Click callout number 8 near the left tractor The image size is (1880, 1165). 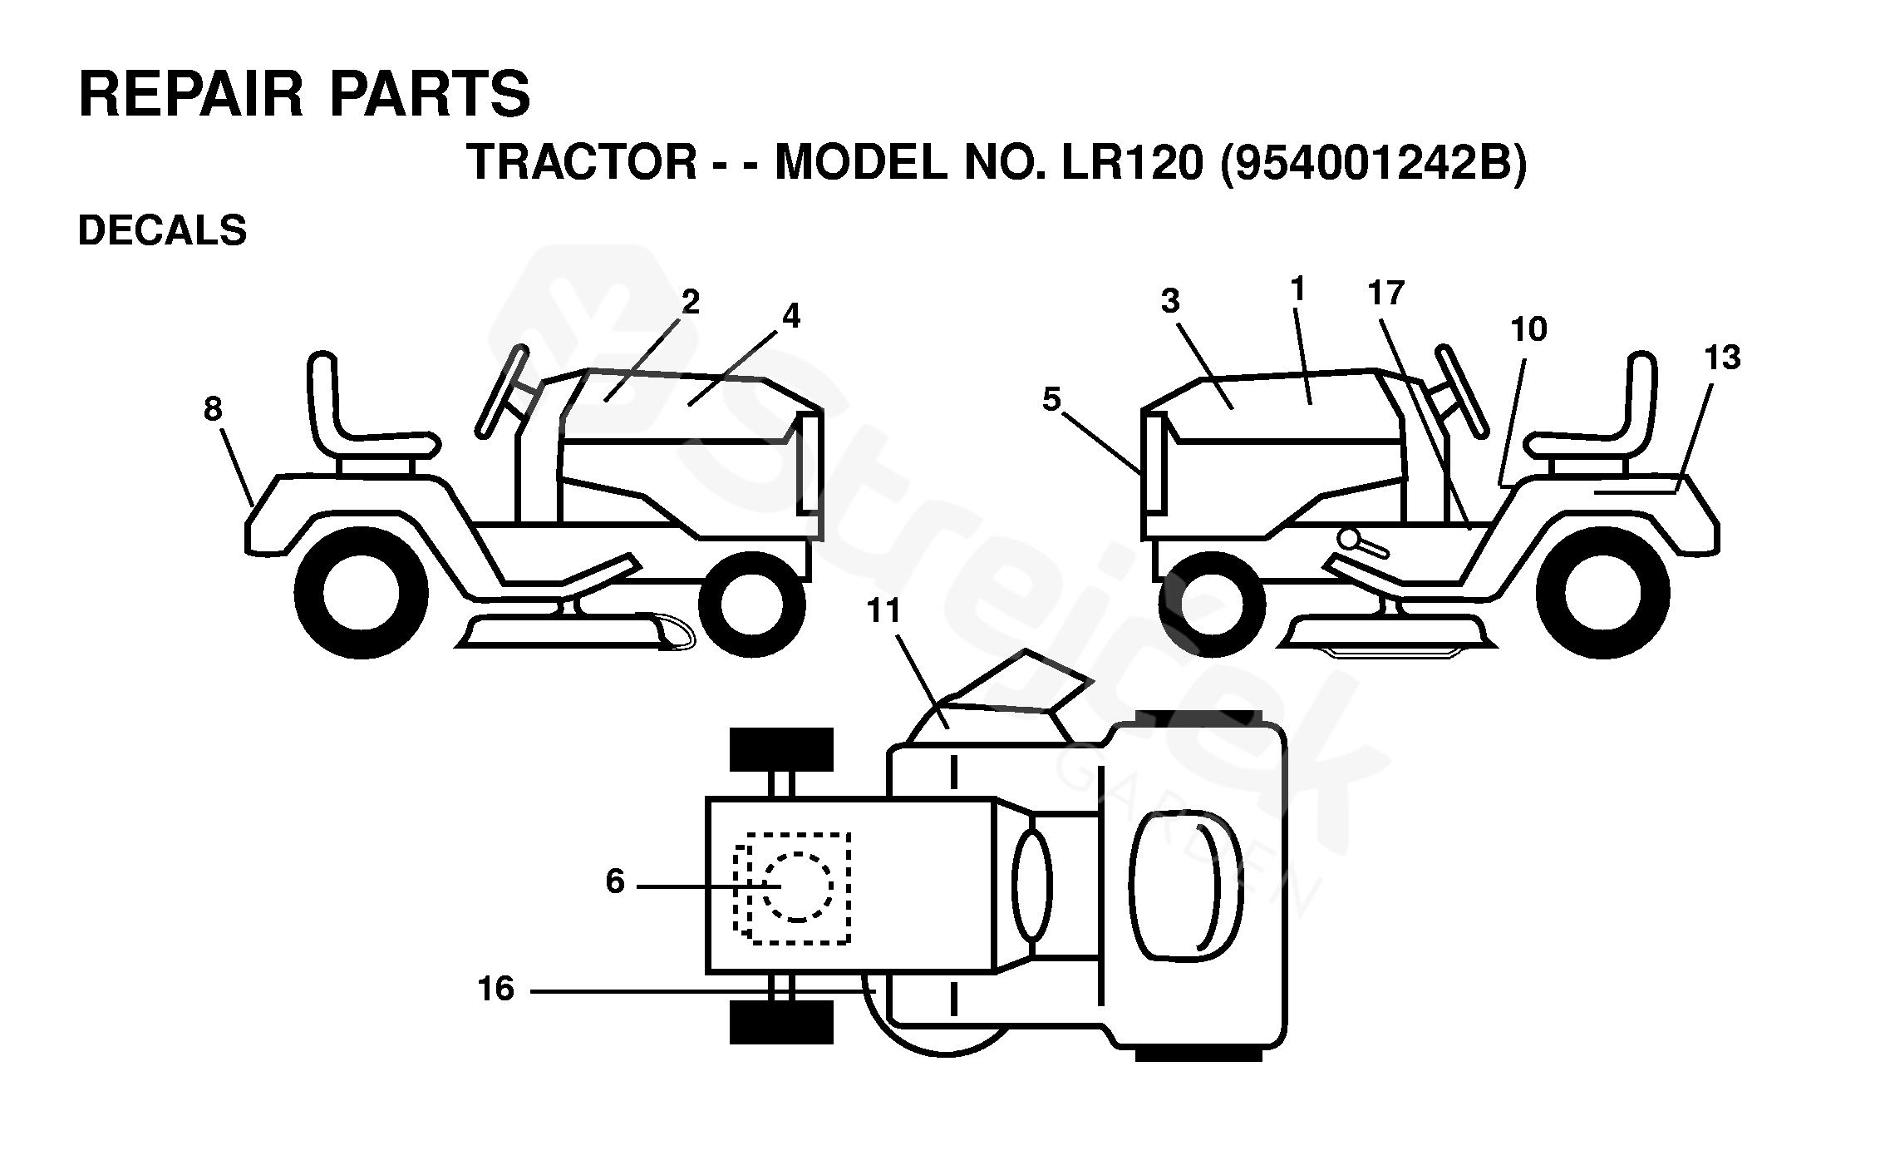213,409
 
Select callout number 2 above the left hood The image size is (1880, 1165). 690,303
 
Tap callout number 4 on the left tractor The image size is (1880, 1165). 790,316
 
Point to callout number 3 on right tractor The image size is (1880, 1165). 1170,301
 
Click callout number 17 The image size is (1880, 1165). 1385,293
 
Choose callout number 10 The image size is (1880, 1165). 1528,329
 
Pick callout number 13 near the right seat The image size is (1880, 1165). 1721,358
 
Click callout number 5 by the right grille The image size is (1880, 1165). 1051,400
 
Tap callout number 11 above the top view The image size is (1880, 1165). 883,611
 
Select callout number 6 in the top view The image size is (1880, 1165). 615,881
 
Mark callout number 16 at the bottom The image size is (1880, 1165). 496,989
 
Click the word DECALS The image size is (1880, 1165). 162,230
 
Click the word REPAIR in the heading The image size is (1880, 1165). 191,95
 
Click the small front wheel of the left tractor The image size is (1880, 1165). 751,604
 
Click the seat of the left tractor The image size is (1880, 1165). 366,416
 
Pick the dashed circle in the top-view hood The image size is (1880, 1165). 797,887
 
